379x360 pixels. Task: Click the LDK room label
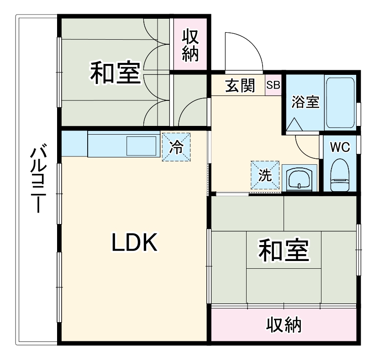click(x=135, y=243)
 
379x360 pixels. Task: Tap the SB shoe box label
click(x=274, y=85)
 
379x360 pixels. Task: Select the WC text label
click(x=340, y=147)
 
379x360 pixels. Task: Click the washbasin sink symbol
click(x=299, y=178)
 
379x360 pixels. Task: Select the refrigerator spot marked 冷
click(x=176, y=147)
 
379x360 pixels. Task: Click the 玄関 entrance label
click(x=240, y=85)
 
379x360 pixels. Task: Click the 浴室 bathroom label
click(x=305, y=102)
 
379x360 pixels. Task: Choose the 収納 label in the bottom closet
click(x=284, y=325)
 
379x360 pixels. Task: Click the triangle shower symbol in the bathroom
click(x=294, y=124)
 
